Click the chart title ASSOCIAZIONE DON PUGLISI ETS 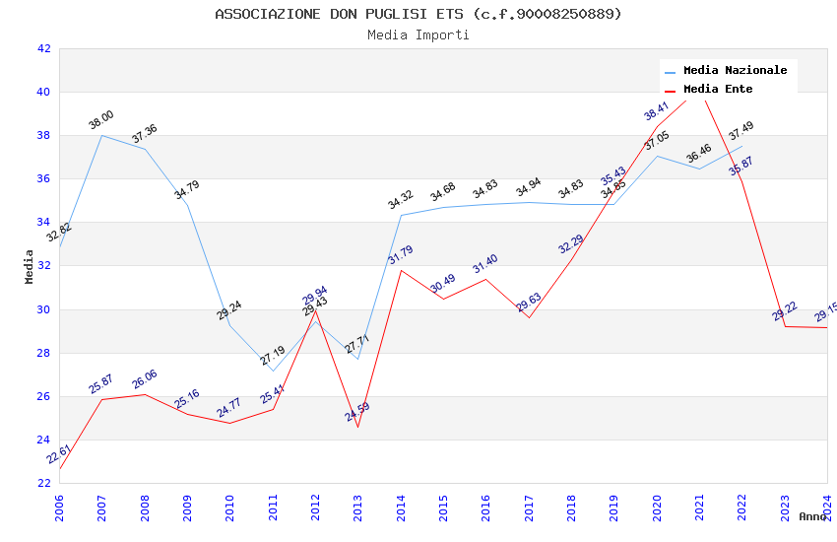coord(418,14)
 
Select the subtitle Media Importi coord(418,34)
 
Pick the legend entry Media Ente coord(718,90)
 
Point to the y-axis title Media coord(30,266)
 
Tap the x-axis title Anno coord(812,516)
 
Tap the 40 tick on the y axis coord(43,93)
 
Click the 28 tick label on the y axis coord(43,353)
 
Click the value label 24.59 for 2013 coord(357,412)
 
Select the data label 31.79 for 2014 coord(400,255)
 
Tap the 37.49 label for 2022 coord(740,131)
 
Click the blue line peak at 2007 coord(102,135)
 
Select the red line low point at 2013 coord(357,427)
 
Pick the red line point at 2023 coord(785,326)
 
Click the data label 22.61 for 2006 coord(59,454)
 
